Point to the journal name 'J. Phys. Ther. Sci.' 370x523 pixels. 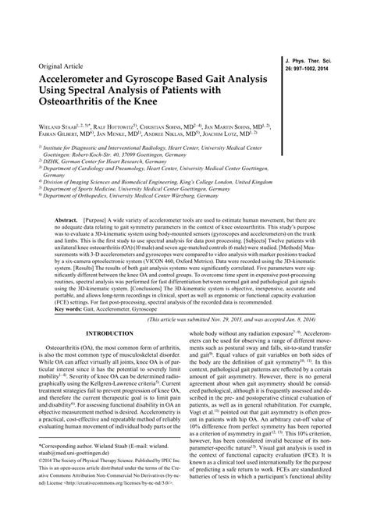pos(315,59)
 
